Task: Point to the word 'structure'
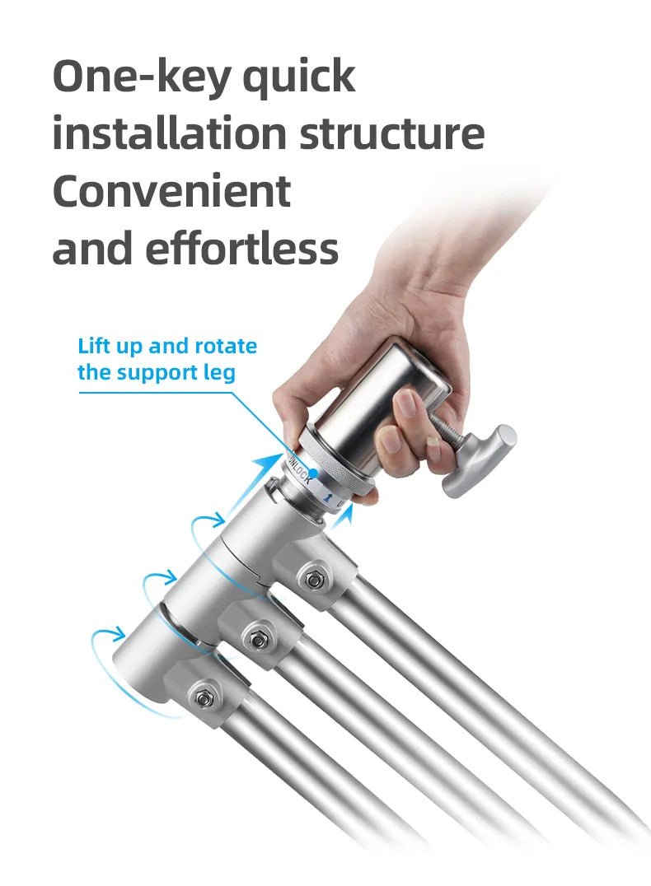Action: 392,134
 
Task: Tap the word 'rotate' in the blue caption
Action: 227,346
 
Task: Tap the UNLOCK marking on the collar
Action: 299,469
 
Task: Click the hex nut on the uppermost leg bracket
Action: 313,580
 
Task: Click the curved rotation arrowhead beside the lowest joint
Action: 118,633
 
